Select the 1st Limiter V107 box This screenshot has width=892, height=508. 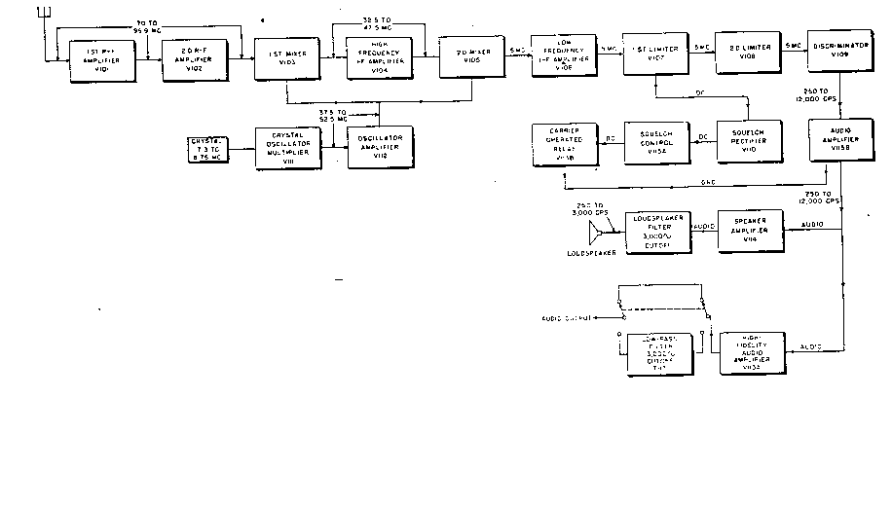(x=656, y=54)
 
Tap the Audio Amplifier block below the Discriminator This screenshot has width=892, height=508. (x=840, y=141)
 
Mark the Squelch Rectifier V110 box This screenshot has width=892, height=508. (x=748, y=142)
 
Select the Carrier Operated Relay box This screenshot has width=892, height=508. (x=565, y=143)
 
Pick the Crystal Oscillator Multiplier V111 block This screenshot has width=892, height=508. (x=286, y=150)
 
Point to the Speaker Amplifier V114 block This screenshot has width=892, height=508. (x=750, y=232)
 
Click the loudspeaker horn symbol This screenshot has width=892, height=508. (x=593, y=234)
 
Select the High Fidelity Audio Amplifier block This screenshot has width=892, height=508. (x=750, y=353)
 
